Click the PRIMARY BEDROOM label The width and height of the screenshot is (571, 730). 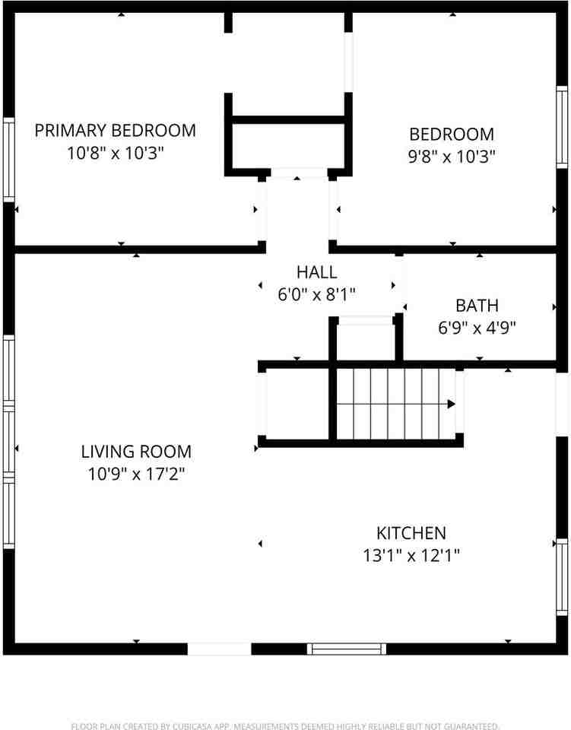[115, 130]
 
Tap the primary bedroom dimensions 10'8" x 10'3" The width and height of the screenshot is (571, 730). [115, 152]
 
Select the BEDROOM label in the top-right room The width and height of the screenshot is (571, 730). [451, 135]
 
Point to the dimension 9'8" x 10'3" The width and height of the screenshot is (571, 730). [451, 157]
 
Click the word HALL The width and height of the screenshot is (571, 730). [316, 271]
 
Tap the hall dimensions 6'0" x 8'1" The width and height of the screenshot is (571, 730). [316, 294]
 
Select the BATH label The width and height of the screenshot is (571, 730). [477, 306]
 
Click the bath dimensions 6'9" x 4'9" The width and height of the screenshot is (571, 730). [477, 328]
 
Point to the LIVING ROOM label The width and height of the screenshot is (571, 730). [136, 452]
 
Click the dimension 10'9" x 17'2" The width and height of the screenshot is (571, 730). [136, 474]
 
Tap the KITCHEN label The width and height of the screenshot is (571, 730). [411, 533]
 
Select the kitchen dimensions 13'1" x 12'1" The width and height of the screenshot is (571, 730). [411, 555]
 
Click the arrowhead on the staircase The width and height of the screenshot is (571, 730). [451, 404]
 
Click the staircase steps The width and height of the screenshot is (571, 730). [392, 404]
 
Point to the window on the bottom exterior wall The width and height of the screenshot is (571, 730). [347, 649]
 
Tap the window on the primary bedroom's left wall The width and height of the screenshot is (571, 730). [8, 160]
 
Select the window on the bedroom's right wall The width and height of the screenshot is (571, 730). [562, 127]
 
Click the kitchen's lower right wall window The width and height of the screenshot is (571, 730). [562, 575]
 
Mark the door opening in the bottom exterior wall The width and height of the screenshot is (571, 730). [219, 649]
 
